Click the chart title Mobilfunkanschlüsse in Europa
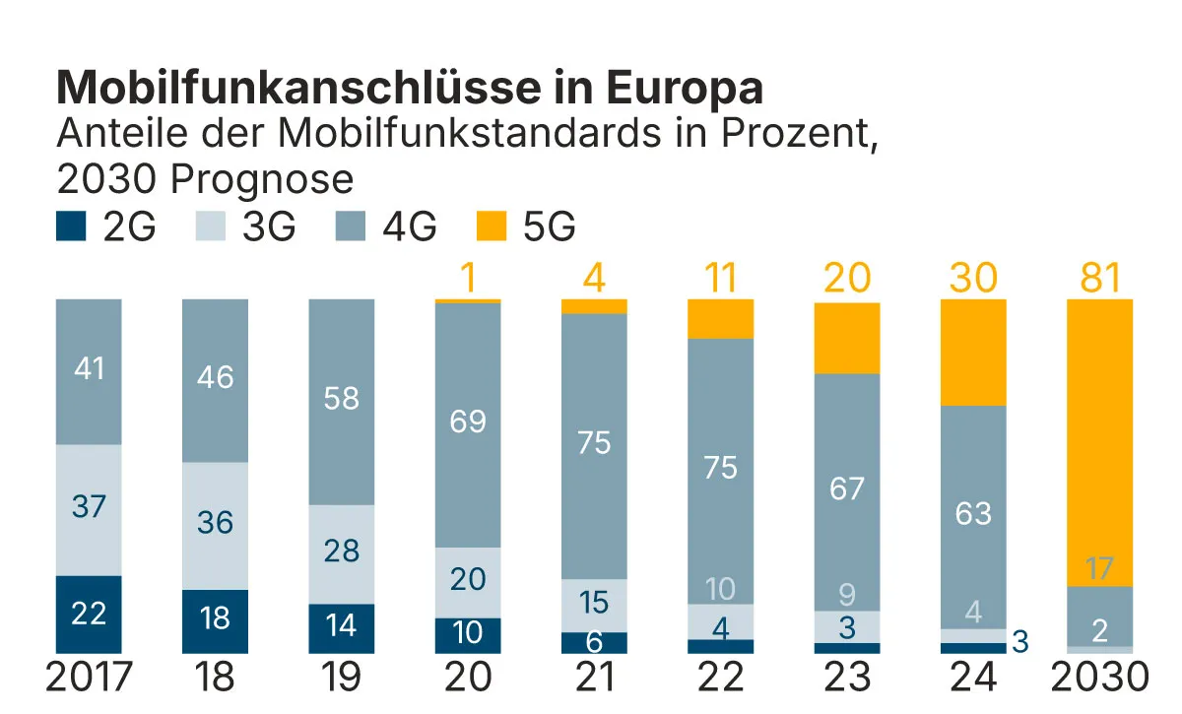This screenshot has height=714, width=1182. [410, 88]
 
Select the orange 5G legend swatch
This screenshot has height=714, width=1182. [493, 227]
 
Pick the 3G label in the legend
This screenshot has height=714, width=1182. [269, 227]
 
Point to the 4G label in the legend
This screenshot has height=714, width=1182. [409, 227]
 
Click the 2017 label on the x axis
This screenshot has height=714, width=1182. [89, 678]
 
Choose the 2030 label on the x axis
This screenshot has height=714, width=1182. [1099, 678]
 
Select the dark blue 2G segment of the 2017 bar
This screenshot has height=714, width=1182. [89, 614]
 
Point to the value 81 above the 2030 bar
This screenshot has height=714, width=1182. [1099, 279]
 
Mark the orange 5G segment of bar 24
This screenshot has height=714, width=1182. [973, 352]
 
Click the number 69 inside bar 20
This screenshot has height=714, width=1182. [467, 422]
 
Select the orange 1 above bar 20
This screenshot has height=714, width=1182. [467, 279]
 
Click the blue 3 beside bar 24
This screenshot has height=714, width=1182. [1019, 642]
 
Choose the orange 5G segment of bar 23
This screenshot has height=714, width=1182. [847, 338]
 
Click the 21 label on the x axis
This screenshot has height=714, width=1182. [594, 678]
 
